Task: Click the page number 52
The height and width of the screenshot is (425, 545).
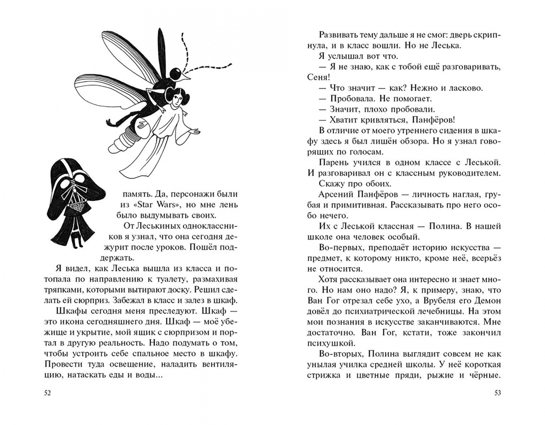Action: (48, 393)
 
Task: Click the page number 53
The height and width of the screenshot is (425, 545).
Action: (497, 393)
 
